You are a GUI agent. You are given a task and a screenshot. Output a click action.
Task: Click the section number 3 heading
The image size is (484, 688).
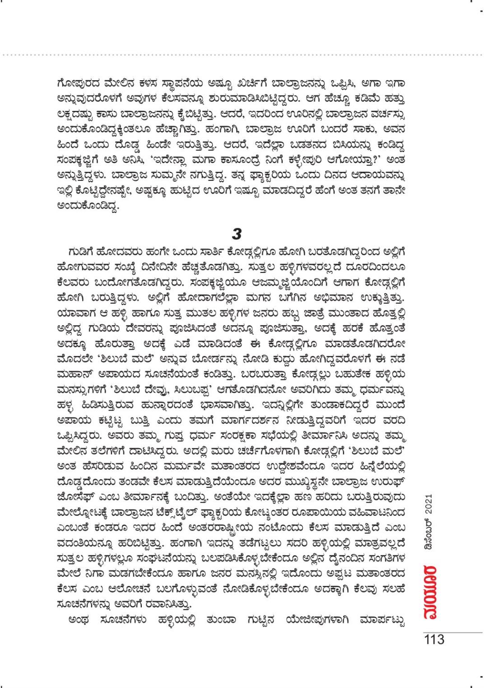click(237, 234)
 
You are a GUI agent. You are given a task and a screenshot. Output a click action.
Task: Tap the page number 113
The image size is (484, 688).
click(434, 640)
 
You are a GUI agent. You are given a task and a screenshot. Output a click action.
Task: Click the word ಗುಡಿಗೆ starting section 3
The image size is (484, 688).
click(80, 251)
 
